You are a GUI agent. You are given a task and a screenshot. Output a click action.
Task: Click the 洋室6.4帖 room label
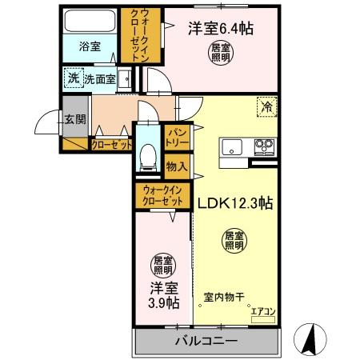(x=221, y=29)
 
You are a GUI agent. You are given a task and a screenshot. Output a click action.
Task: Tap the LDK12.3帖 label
(x=235, y=204)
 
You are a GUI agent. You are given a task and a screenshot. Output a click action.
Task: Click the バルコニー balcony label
(x=206, y=342)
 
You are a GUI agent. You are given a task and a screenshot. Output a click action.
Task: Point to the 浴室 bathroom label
(x=90, y=47)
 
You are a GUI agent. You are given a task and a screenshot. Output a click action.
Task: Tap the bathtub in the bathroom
(x=90, y=20)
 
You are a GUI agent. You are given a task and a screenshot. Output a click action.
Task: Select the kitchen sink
(x=231, y=147)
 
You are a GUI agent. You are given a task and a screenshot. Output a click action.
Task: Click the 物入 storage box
(x=177, y=166)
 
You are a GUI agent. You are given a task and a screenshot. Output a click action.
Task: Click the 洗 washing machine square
(x=74, y=78)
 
